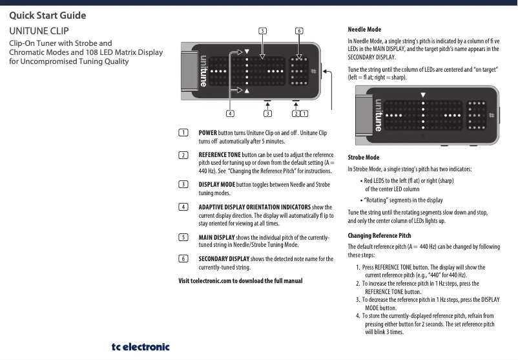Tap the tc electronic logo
pyautogui.click(x=140, y=346)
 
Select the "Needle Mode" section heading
pyautogui.click(x=364, y=30)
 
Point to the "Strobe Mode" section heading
pyautogui.click(x=364, y=157)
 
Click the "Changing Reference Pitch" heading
pyautogui.click(x=379, y=235)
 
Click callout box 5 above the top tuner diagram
pyautogui.click(x=262, y=30)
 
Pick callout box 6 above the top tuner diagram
pyautogui.click(x=298, y=30)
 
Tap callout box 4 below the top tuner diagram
pyautogui.click(x=230, y=114)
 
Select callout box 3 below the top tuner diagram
pyautogui.click(x=267, y=114)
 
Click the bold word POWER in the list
pyautogui.click(x=207, y=132)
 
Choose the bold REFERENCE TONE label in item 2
pyautogui.click(x=219, y=155)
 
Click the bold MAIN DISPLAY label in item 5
pyautogui.click(x=216, y=238)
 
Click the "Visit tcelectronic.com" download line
pyautogui.click(x=240, y=281)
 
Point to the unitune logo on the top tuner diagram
pyautogui.click(x=203, y=71)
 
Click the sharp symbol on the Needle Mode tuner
pyautogui.click(x=491, y=115)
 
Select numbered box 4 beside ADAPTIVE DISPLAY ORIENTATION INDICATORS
pyautogui.click(x=183, y=207)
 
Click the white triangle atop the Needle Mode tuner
pyautogui.click(x=423, y=95)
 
